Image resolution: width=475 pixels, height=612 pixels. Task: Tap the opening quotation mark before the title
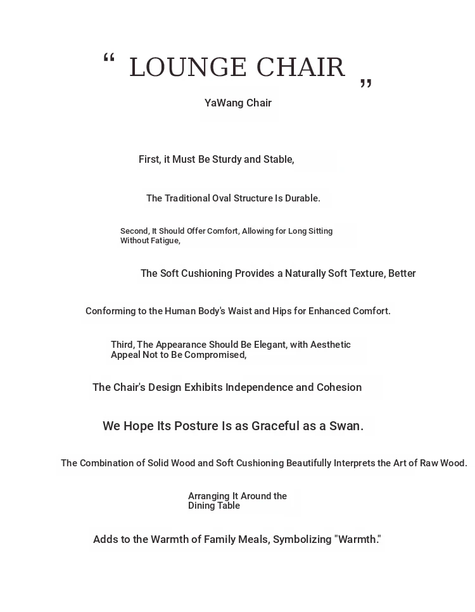coord(109,59)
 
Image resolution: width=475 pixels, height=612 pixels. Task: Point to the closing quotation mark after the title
coord(366,84)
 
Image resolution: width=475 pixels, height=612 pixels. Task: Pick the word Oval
coord(223,198)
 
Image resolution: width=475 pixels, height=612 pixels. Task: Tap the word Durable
coord(302,198)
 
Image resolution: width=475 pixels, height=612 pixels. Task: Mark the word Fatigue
coord(165,241)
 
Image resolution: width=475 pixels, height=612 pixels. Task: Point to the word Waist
coord(239,311)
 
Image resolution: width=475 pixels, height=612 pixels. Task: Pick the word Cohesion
coord(339,388)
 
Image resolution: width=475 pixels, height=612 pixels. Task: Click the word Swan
coord(346,426)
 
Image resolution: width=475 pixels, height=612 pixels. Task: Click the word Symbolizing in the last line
coord(302,540)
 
